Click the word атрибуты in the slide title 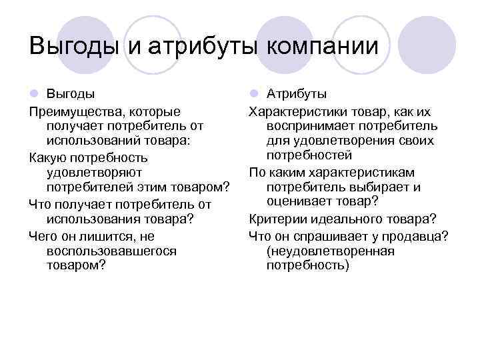coord(203,46)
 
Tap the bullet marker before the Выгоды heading coord(34,94)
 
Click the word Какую coord(48,159)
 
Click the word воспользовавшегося coord(112,250)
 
